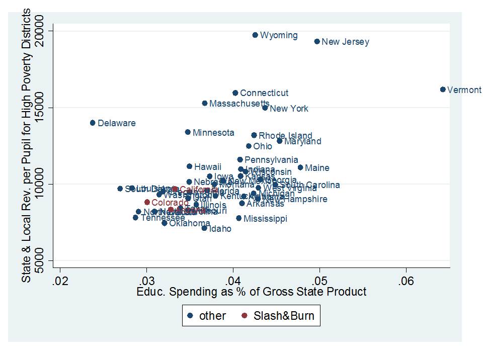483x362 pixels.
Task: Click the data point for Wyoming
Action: click(x=255, y=35)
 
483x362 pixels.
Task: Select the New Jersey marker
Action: click(x=317, y=42)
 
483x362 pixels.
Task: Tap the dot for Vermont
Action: click(x=443, y=89)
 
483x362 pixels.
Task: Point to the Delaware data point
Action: click(x=93, y=123)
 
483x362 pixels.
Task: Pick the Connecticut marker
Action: click(x=235, y=93)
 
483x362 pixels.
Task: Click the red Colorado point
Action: click(x=147, y=202)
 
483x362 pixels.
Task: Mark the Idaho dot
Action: click(x=204, y=228)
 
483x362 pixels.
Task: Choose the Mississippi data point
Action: click(x=238, y=218)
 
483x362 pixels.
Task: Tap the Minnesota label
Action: click(x=213, y=133)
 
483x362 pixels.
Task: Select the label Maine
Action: click(x=317, y=168)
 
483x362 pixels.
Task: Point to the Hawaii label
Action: click(x=208, y=167)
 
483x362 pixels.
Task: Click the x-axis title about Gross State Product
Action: click(x=252, y=292)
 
